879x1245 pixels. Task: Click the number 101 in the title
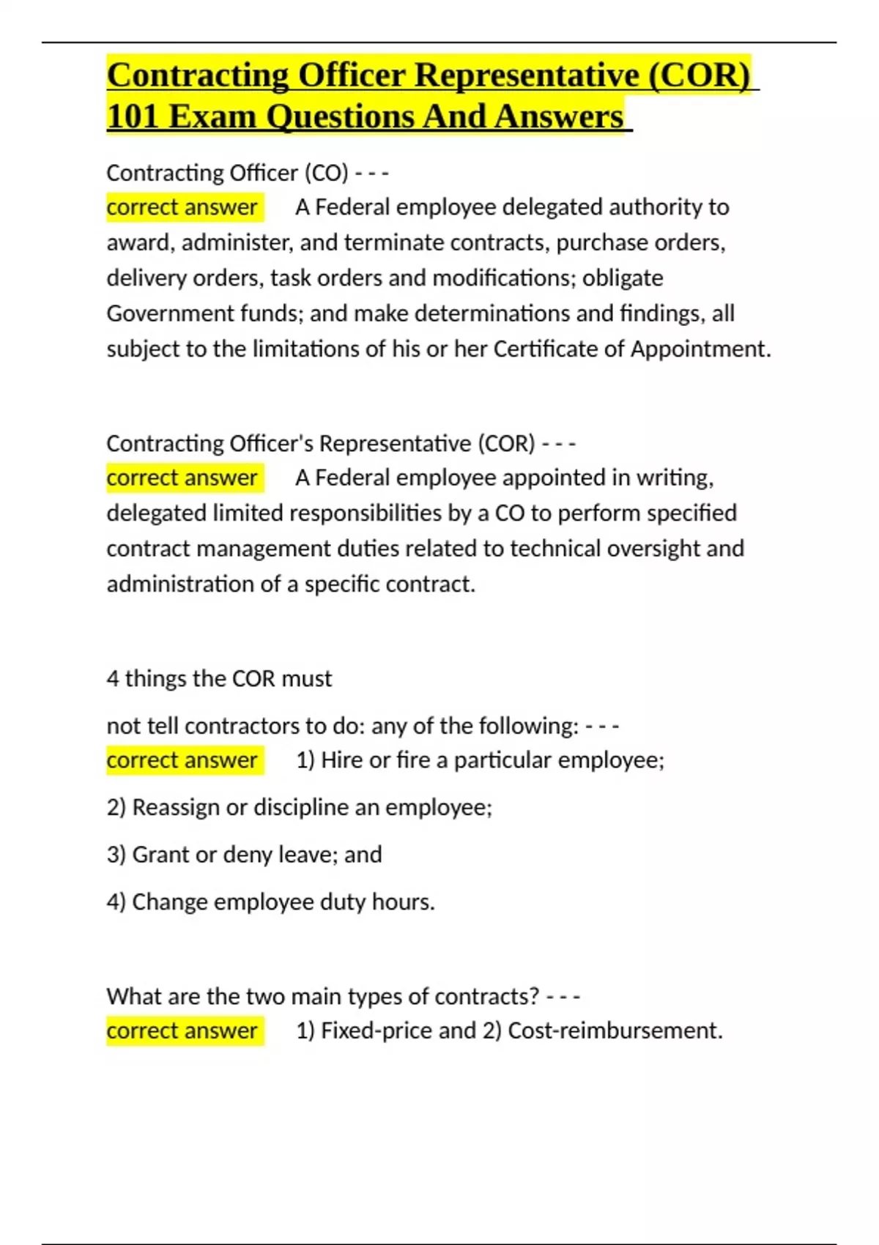point(133,116)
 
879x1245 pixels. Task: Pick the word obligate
point(623,278)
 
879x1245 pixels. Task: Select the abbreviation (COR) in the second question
point(506,443)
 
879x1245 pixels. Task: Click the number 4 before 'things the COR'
point(113,679)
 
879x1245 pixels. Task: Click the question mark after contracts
point(533,996)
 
